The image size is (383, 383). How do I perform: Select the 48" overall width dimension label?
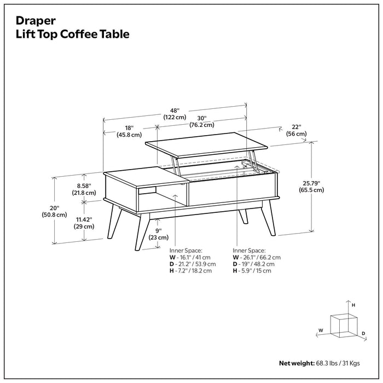click(x=174, y=113)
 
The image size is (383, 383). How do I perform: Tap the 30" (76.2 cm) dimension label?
click(x=201, y=120)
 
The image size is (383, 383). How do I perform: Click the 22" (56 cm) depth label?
click(x=296, y=130)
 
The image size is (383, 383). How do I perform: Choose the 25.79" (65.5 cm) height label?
click(x=311, y=186)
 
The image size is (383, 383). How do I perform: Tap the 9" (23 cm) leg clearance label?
click(x=159, y=234)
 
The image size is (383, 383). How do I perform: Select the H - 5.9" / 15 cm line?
click(x=252, y=271)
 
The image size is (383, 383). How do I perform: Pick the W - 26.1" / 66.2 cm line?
click(x=257, y=257)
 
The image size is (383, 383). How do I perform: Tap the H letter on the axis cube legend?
click(x=353, y=304)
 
